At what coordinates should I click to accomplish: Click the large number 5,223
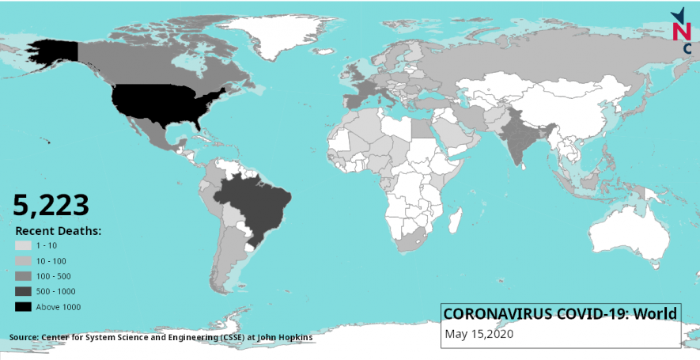coord(51,205)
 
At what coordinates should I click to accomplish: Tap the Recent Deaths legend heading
coord(59,231)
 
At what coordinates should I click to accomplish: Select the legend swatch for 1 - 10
coord(23,246)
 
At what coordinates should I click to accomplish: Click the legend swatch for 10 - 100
coord(23,261)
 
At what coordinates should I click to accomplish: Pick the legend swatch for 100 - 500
coord(23,276)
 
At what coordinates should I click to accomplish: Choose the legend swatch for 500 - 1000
coord(23,291)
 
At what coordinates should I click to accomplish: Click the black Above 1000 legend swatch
coord(23,307)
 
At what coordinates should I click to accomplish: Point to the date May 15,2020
coord(479,334)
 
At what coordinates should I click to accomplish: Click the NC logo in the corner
coord(680,32)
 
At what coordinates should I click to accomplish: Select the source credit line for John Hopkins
coord(161,338)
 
